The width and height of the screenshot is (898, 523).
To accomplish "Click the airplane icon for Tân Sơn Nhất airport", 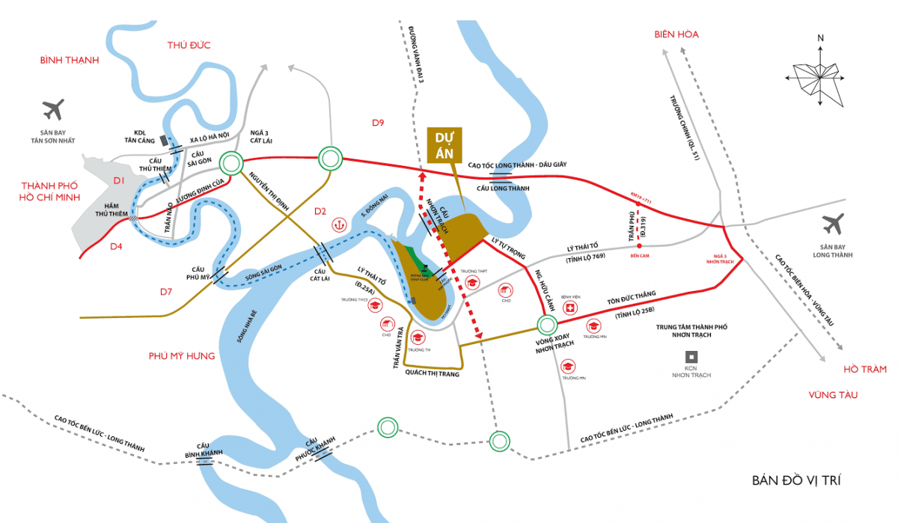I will click(53, 110).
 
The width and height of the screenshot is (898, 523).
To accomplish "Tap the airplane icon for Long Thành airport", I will click(831, 222).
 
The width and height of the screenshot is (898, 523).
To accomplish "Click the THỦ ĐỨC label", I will click(189, 45).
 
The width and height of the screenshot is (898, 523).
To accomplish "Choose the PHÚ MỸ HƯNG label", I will click(182, 355).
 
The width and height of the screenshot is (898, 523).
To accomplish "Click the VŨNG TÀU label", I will click(832, 394).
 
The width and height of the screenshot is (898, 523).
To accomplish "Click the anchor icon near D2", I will click(339, 223).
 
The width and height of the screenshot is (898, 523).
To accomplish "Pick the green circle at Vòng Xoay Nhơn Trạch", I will click(547, 325).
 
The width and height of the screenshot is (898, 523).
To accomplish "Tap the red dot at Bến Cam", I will click(639, 245).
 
